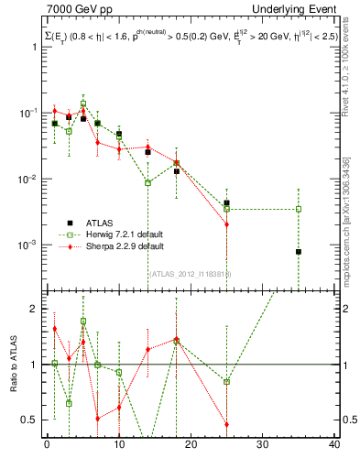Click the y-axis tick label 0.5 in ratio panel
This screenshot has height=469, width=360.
point(30,420)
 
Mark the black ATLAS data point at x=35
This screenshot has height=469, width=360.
point(299,252)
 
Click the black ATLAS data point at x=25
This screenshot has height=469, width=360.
point(226,202)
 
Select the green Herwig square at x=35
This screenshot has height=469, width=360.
point(299,209)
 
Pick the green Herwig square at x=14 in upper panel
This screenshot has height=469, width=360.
point(147,183)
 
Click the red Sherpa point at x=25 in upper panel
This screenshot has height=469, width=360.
point(226,224)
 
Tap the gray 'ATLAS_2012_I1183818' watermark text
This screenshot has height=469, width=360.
point(190,273)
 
